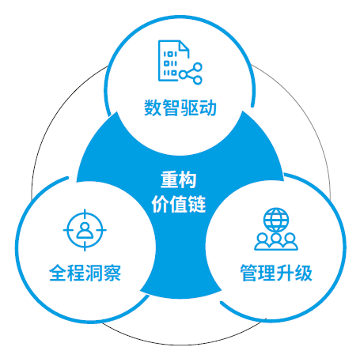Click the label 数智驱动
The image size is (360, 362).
click(180, 107)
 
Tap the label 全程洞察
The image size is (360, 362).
click(85, 273)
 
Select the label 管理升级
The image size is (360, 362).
click(276, 273)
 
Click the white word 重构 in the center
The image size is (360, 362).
click(179, 179)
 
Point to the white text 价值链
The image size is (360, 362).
click(179, 204)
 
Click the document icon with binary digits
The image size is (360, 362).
click(172, 60)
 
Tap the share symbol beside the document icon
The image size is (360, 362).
click(191, 74)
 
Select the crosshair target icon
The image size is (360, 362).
click(85, 230)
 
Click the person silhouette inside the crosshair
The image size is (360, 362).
click(85, 230)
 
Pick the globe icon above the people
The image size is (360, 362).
click(276, 220)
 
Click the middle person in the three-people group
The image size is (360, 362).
click(276, 241)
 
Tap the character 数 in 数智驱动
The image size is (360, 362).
click(153, 107)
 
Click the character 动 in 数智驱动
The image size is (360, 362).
click(208, 107)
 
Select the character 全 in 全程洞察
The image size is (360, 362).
click(58, 273)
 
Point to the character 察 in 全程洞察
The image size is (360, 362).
click(112, 273)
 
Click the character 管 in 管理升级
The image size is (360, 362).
click(249, 273)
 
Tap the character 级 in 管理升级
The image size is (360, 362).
click(304, 273)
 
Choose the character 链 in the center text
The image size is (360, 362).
click(197, 204)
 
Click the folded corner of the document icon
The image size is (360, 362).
click(184, 46)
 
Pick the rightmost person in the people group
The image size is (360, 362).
click(290, 241)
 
